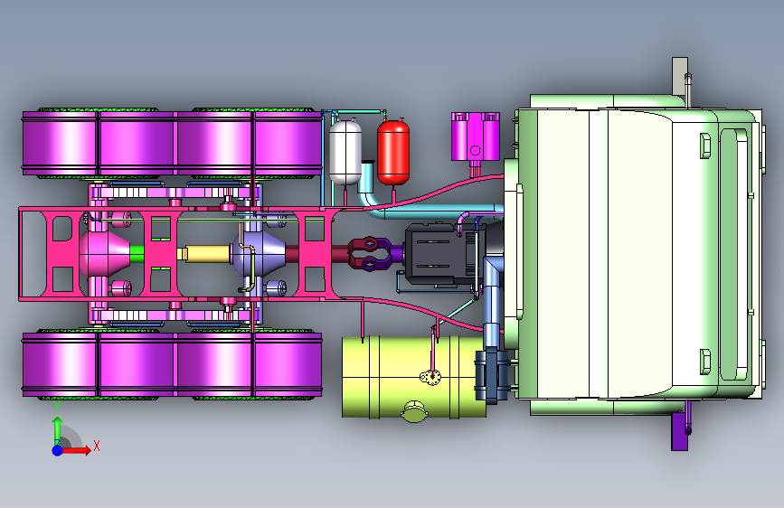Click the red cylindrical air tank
coord(393,152)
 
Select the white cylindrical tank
coord(345,152)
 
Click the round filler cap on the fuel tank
coord(414,411)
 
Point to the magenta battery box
coord(475,136)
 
